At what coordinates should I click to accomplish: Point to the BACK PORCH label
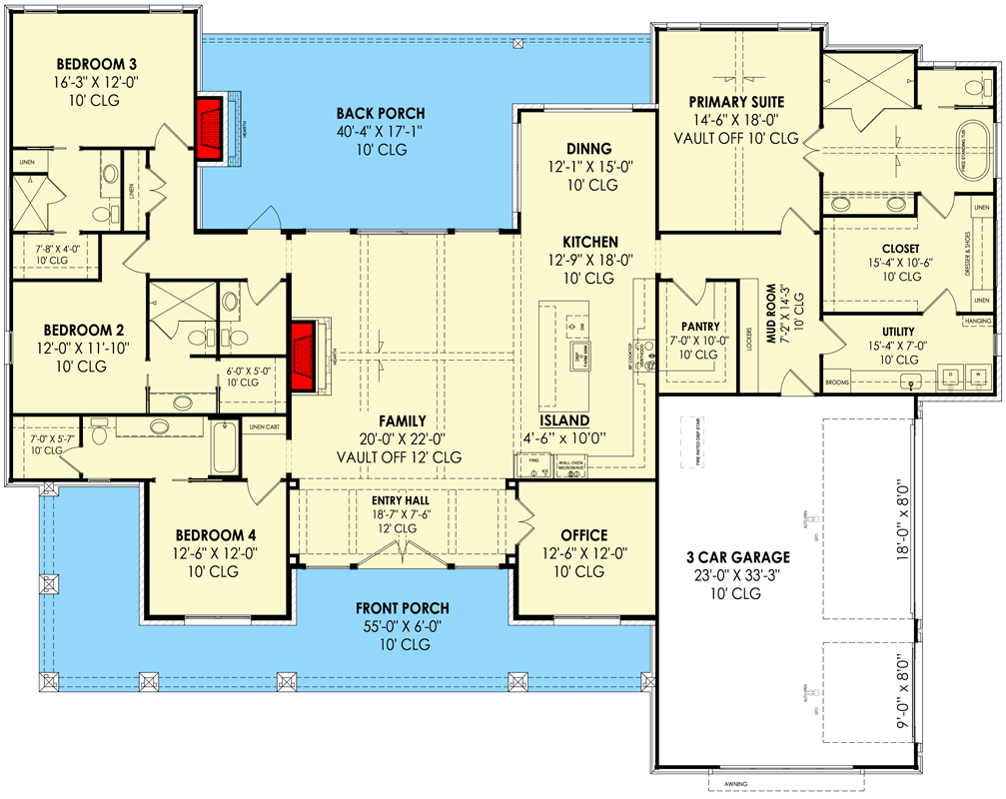(380, 114)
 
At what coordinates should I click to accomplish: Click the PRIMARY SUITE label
(736, 102)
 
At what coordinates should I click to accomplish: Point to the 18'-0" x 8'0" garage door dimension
(900, 519)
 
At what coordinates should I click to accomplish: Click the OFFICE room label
(584, 535)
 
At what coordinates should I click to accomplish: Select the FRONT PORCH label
(403, 608)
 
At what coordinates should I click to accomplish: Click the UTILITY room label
(897, 331)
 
